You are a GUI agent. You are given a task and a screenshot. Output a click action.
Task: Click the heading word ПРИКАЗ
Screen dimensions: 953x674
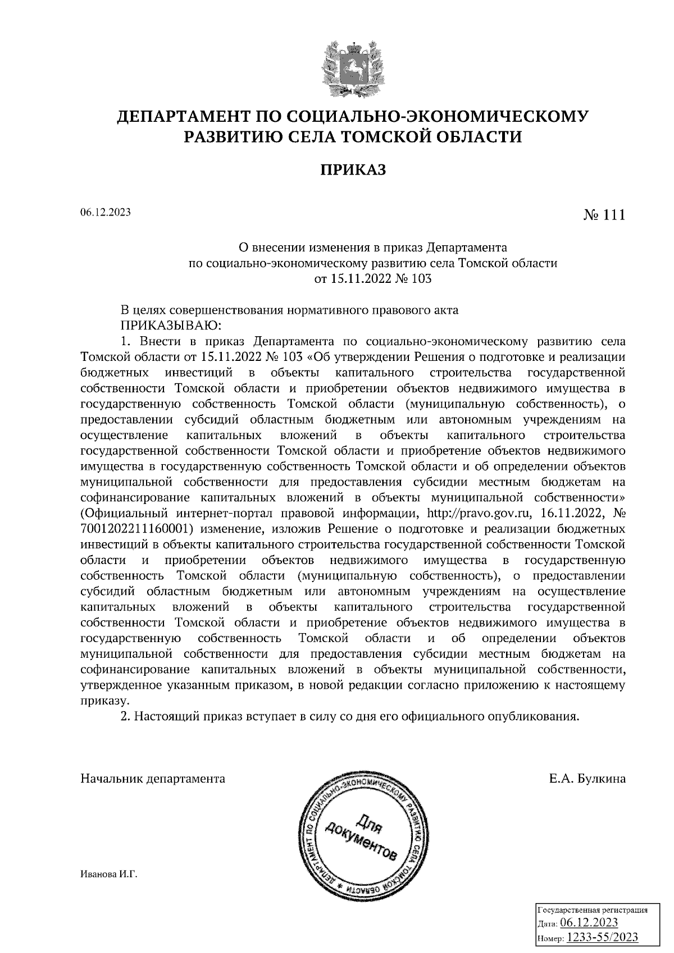click(353, 169)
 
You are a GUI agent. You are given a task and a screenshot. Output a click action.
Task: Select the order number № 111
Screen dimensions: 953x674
click(604, 215)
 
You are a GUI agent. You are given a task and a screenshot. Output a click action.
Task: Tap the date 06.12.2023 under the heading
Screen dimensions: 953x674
click(106, 212)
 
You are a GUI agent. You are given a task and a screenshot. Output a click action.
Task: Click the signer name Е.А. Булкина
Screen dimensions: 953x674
click(588, 778)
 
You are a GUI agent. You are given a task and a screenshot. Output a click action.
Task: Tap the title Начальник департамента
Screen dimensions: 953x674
click(153, 778)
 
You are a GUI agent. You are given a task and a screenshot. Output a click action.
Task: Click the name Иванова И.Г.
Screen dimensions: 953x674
click(109, 874)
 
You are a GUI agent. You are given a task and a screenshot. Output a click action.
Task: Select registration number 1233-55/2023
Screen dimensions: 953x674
click(602, 937)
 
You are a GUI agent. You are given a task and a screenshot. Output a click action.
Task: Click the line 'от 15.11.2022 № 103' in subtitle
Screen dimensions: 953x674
click(373, 278)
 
